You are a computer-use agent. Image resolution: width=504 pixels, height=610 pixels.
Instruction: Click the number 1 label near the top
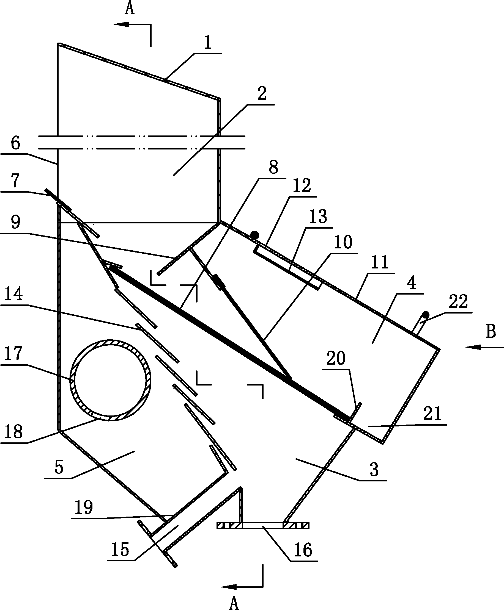(207, 43)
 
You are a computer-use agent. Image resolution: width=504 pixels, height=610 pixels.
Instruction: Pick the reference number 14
(14, 295)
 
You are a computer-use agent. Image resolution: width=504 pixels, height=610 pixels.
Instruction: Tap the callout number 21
(432, 414)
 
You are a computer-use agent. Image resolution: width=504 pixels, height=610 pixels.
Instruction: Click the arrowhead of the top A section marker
(121, 24)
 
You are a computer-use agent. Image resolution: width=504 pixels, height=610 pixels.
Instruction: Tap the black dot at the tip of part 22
(426, 315)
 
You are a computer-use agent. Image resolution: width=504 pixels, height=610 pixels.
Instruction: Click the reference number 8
(273, 167)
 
